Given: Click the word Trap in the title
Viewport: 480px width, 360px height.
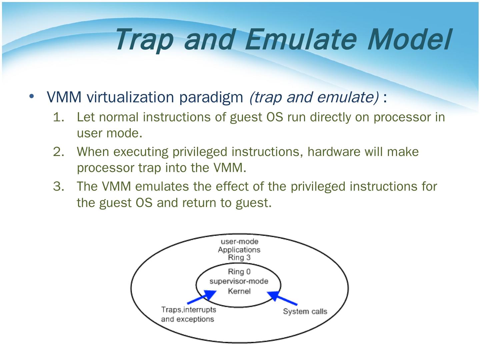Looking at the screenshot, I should coord(144,40).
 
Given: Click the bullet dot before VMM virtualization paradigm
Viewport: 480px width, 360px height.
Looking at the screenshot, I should coord(32,96).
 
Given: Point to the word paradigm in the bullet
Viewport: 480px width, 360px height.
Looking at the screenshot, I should coord(211,97).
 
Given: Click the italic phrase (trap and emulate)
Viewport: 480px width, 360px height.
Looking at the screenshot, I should coord(314,97).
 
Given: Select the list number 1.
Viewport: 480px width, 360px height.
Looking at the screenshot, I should coord(58,117).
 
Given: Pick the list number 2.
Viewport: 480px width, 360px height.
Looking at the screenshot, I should coord(58,152).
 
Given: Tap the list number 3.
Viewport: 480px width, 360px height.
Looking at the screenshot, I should coord(58,186).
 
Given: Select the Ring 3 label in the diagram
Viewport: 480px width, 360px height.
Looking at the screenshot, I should coord(239,257).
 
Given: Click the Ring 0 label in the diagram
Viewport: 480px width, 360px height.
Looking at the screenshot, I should coord(239,272).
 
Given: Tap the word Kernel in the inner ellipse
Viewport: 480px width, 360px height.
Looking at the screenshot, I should coord(239,291).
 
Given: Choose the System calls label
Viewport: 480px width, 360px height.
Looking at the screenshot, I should coord(305,311).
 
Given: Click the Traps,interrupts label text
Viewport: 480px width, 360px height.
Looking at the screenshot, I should coord(189,310).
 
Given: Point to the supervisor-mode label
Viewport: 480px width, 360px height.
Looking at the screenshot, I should coord(239,281).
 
